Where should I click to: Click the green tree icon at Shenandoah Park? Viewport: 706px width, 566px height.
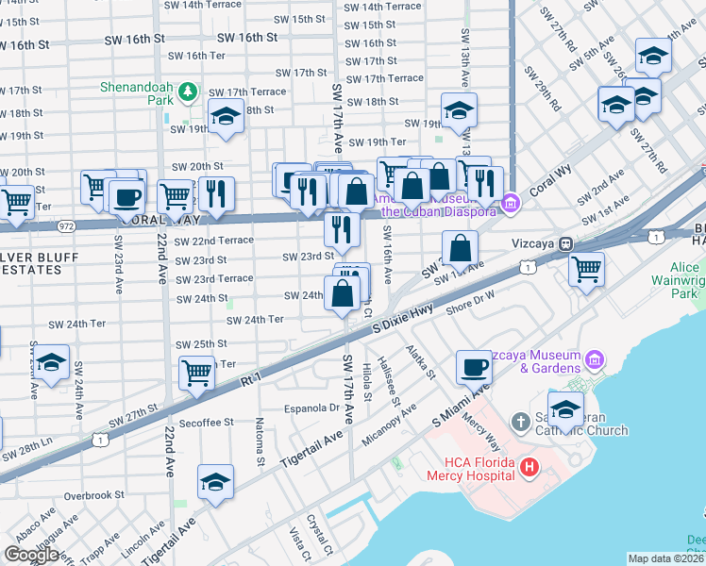coord(189,91)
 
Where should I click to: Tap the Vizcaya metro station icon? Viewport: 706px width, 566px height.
coord(565,242)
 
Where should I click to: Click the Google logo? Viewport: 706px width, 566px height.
coord(31,555)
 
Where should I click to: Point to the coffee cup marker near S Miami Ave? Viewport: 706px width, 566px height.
coord(473,366)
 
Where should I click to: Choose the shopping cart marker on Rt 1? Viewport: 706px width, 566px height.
coord(196,373)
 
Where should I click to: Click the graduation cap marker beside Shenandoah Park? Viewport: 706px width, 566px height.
coord(225,118)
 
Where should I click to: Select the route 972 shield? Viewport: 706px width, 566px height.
coord(66,225)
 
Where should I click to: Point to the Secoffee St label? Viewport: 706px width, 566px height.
coord(201,424)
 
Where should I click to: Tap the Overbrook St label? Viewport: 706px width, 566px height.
coord(93,494)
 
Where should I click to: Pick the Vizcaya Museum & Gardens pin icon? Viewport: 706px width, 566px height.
coord(594,359)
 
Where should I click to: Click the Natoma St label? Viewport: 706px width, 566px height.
coord(259,443)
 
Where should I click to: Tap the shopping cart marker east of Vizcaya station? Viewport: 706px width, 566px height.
coord(587,269)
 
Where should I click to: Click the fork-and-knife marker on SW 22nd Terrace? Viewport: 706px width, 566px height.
coord(341,227)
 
